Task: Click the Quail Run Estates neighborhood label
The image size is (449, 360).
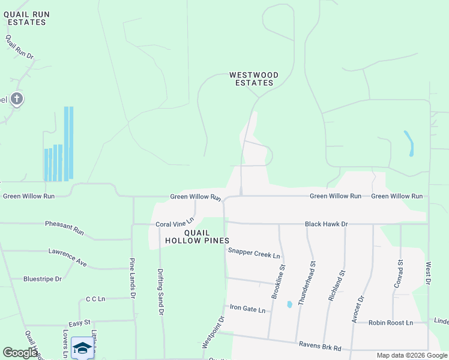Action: (x=26, y=18)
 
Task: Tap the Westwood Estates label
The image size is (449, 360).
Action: (x=254, y=79)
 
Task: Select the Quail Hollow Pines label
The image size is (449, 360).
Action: (x=197, y=236)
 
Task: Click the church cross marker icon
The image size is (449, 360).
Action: (x=17, y=98)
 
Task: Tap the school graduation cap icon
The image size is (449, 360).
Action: (x=82, y=348)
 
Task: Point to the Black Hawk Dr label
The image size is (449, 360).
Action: (x=327, y=224)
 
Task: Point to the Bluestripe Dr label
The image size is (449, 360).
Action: (x=43, y=279)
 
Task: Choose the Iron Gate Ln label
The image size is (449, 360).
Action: (x=247, y=310)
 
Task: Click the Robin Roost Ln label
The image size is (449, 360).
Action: (x=391, y=323)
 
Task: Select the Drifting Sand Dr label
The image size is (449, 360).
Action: (x=161, y=292)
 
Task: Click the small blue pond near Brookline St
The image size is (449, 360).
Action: (x=289, y=304)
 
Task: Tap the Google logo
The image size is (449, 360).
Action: (x=20, y=352)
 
